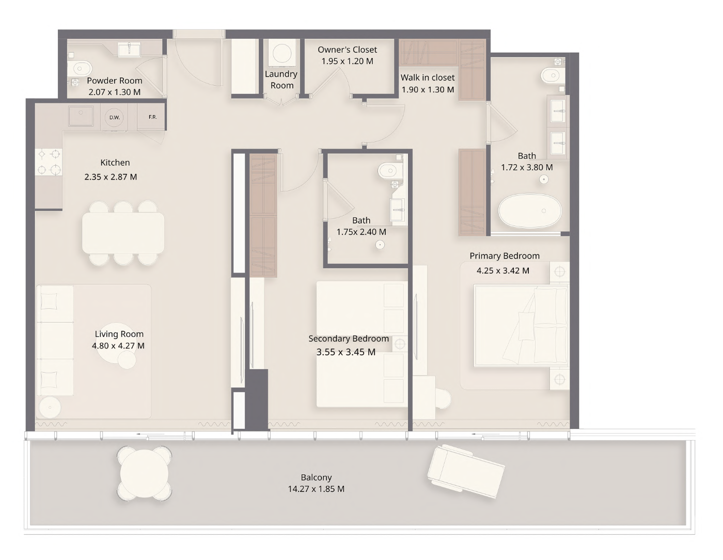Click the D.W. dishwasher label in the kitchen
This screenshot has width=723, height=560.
(115, 117)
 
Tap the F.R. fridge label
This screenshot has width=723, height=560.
(153, 117)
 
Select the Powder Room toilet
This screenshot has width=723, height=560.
(79, 69)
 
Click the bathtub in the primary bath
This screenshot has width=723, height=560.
(530, 211)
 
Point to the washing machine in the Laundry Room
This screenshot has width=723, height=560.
(281, 53)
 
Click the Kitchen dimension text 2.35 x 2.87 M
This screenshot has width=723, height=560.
(111, 177)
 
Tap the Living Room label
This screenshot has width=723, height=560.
(119, 334)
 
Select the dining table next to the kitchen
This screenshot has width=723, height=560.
(123, 233)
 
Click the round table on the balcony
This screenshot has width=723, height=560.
(145, 473)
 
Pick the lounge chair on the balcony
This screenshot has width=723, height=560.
(466, 471)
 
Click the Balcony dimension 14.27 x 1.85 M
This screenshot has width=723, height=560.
(316, 489)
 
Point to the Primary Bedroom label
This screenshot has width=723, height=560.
(505, 255)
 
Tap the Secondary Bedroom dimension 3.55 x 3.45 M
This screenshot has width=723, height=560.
(346, 352)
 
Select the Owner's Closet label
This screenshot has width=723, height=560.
(348, 50)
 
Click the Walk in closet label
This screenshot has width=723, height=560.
(428, 77)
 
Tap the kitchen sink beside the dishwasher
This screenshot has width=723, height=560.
(81, 116)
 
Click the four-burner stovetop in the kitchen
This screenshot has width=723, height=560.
(49, 162)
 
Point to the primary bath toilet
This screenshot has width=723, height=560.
(553, 76)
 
